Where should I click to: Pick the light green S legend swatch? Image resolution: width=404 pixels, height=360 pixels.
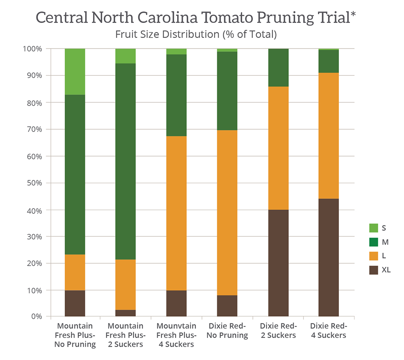(x=373, y=228)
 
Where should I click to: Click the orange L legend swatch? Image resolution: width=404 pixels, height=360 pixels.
(x=373, y=256)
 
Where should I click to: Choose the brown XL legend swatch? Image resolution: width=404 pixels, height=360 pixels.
(x=373, y=270)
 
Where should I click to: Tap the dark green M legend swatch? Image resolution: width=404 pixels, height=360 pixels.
(x=373, y=242)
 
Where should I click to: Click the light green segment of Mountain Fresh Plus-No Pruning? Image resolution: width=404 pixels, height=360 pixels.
(x=75, y=71)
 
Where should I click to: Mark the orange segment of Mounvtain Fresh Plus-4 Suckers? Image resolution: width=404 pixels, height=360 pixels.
(x=176, y=213)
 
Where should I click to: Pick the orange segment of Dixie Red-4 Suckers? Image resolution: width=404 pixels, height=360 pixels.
(x=329, y=135)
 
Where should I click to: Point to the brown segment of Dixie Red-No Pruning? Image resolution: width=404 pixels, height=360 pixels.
(x=227, y=306)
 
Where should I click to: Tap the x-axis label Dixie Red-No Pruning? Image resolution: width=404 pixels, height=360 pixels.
(x=227, y=331)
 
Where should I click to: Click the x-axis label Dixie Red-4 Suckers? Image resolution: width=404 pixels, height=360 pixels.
(x=328, y=331)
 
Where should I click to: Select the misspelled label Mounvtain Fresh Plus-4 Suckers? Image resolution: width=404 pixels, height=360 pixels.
(x=176, y=335)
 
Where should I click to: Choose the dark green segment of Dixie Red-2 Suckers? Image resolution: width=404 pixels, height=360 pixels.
(x=278, y=67)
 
